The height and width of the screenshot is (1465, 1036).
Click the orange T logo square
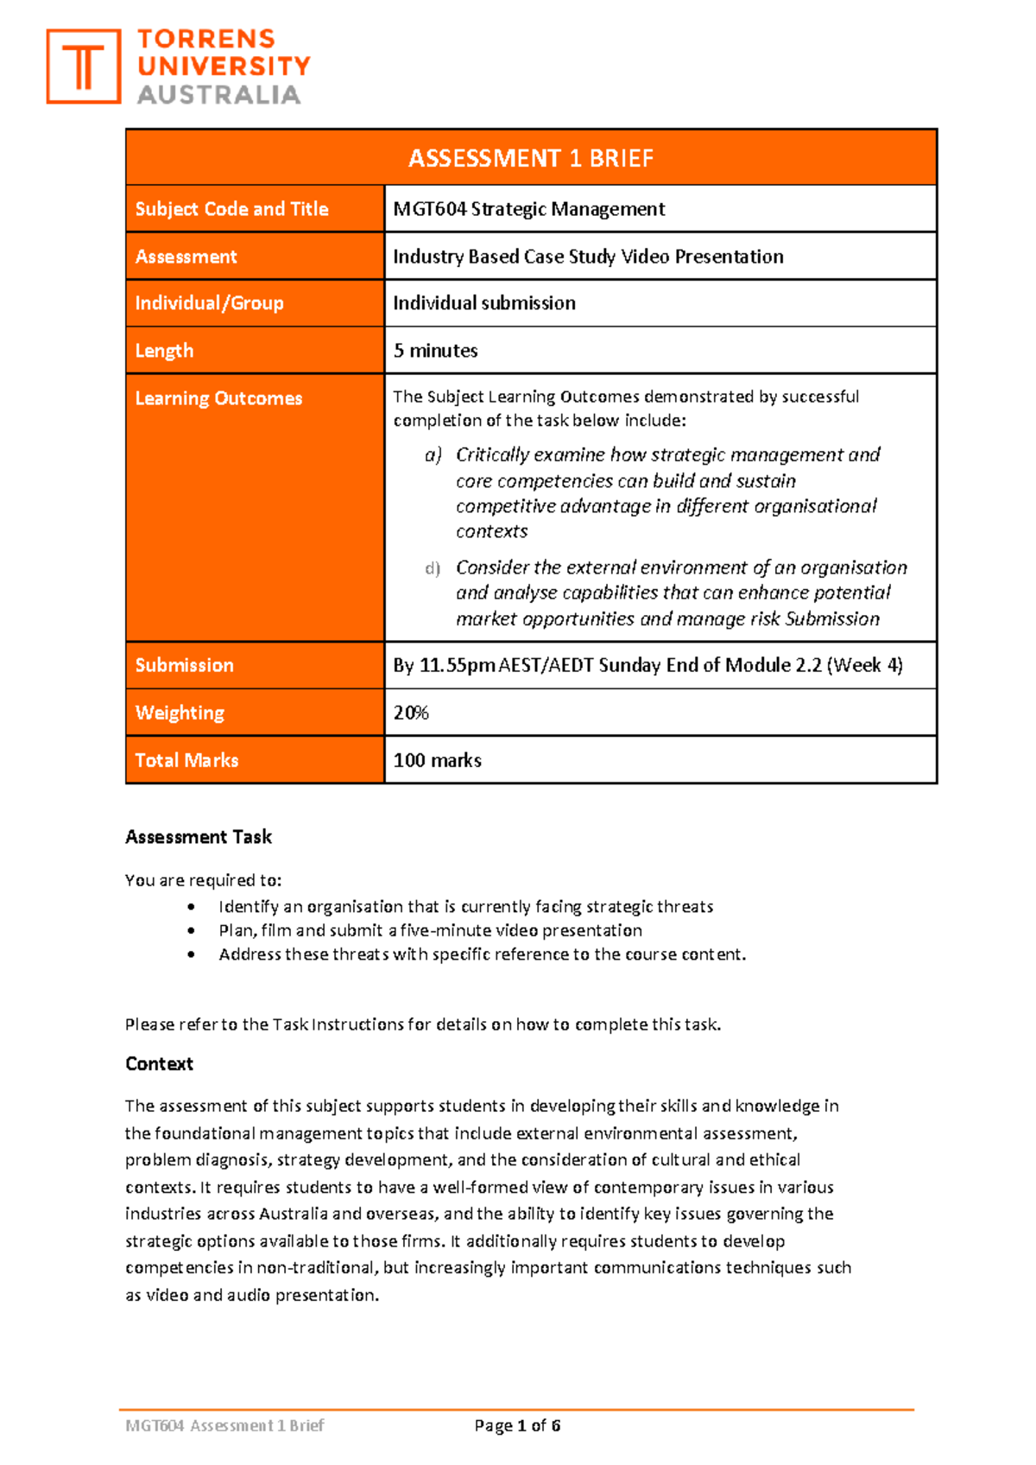coord(83,67)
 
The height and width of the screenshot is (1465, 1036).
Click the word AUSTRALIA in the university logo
coord(218,95)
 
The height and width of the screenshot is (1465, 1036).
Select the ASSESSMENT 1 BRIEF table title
coord(530,158)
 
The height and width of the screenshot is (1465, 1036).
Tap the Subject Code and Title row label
coord(231,209)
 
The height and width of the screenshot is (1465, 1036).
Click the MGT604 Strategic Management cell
coord(528,209)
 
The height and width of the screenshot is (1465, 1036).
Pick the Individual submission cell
coord(483,303)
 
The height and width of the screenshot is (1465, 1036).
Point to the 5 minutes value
coord(435,351)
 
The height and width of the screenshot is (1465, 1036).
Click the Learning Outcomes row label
coord(218,398)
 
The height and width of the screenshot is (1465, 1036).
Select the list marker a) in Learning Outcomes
coord(433,455)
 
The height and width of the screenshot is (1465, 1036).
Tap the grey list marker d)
coord(433,568)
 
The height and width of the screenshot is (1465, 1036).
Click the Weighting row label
coord(180,713)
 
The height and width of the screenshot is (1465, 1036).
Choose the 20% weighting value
coord(411,713)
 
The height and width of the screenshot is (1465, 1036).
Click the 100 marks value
coord(437,760)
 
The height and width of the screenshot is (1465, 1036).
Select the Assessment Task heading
coord(199,837)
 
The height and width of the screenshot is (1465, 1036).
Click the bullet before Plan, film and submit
coord(191,930)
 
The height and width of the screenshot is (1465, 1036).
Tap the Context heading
coord(159,1064)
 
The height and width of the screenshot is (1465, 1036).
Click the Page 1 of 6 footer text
coord(517,1425)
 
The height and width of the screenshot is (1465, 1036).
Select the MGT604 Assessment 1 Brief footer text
coord(224,1425)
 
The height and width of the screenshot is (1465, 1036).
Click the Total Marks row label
coord(186,760)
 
